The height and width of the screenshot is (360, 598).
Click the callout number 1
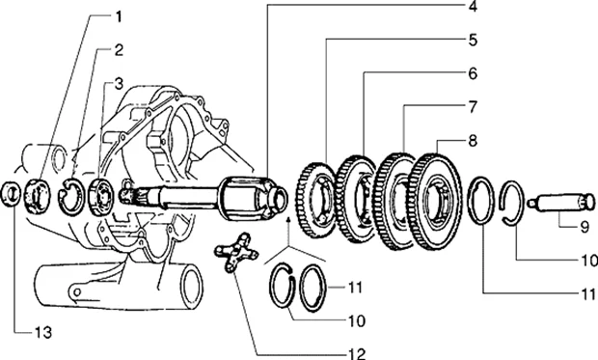click(x=119, y=16)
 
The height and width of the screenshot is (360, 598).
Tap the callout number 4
click(x=473, y=7)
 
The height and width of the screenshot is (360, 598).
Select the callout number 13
click(x=43, y=333)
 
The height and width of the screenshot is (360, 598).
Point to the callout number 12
click(x=357, y=354)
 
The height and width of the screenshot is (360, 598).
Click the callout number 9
click(x=584, y=227)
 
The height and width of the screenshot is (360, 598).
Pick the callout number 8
click(x=473, y=141)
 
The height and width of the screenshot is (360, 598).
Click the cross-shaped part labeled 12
click(x=236, y=252)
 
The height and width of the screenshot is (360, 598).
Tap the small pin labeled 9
click(x=561, y=203)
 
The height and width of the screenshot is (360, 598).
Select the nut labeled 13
click(x=11, y=194)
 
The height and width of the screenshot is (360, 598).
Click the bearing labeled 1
click(x=38, y=196)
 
